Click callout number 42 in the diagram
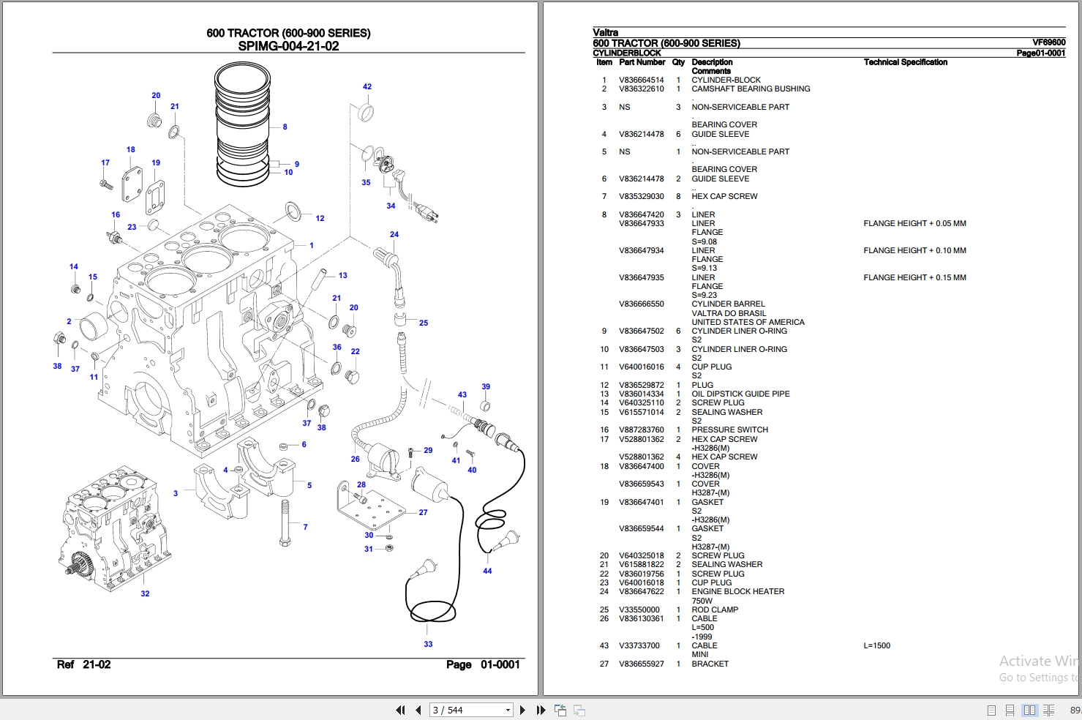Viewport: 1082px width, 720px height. coord(367,86)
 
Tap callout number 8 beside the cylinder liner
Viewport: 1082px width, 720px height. coord(285,127)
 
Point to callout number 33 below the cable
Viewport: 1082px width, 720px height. coord(428,644)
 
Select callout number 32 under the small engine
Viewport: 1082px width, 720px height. coord(145,593)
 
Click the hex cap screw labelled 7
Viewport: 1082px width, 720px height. coord(285,523)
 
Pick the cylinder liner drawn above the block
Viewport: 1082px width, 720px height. coord(242,124)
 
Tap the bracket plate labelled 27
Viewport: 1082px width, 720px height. coord(371,506)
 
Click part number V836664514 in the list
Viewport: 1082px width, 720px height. coord(642,80)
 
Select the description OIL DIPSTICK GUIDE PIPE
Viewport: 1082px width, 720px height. coord(740,394)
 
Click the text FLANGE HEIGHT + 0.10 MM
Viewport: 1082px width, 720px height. coord(915,250)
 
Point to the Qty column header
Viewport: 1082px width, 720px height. coord(678,62)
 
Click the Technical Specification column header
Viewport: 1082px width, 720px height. coord(905,62)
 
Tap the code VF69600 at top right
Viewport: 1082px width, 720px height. coord(1048,42)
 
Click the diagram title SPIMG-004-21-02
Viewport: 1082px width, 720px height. coord(288,46)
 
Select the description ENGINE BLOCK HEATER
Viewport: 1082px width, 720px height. coord(737,591)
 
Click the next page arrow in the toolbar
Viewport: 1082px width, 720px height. coord(522,710)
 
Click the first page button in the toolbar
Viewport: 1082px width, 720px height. coord(400,710)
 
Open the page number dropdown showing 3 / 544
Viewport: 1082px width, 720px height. coord(508,710)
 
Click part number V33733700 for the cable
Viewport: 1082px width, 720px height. coord(639,645)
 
